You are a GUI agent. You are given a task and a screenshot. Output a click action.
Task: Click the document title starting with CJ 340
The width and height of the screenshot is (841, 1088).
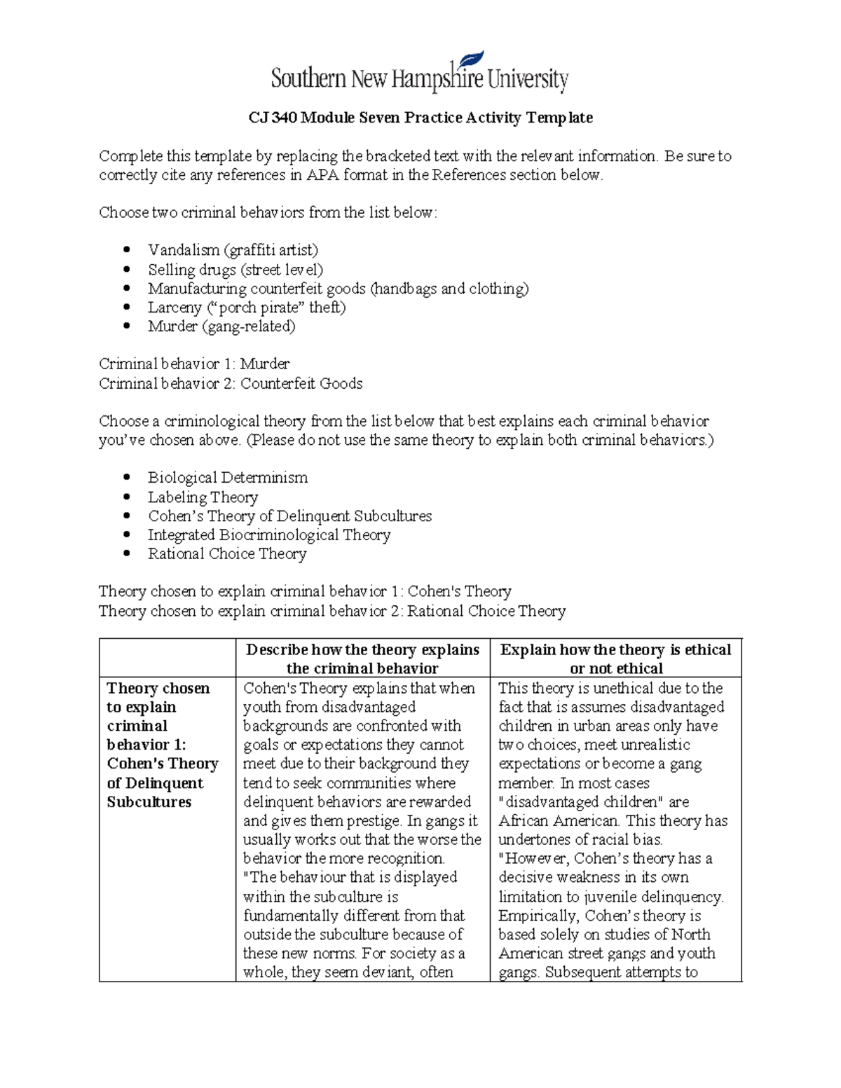click(x=420, y=118)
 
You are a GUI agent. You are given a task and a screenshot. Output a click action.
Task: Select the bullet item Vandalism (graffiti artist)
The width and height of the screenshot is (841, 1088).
click(x=233, y=250)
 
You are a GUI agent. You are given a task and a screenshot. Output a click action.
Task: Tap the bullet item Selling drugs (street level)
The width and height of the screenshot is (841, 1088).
click(x=235, y=270)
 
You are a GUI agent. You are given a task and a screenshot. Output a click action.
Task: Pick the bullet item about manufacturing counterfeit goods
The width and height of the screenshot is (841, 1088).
click(x=338, y=289)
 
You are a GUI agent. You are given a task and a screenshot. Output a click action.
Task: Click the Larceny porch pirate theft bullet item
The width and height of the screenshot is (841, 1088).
click(x=247, y=308)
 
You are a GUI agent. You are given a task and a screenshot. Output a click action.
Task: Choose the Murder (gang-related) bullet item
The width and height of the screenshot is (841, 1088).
click(x=221, y=326)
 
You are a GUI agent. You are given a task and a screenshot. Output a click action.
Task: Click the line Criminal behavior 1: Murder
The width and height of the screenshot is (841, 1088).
click(x=194, y=364)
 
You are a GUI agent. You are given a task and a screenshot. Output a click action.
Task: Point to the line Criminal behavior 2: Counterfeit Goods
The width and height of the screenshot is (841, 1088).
click(x=231, y=384)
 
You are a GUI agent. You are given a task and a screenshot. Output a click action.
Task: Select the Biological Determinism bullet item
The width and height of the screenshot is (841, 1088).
click(x=228, y=478)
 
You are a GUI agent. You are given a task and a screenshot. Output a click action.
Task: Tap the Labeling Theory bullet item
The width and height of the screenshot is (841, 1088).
click(x=203, y=497)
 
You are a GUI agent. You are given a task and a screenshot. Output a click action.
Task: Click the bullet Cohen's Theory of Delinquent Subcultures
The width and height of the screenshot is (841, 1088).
click(x=289, y=516)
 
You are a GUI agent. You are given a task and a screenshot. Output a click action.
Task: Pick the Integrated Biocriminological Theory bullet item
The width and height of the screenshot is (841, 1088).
click(x=269, y=535)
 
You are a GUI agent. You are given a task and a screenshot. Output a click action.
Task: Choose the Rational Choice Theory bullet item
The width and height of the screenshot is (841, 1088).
click(x=227, y=554)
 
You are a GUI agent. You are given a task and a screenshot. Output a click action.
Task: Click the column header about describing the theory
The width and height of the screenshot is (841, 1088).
click(x=362, y=659)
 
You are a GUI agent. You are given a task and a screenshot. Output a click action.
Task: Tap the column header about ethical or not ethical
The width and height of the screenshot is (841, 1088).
click(x=615, y=659)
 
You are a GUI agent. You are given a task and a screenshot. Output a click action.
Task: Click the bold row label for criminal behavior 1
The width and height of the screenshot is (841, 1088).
click(x=162, y=745)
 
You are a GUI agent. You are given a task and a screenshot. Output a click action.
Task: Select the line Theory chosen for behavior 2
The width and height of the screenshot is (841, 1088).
click(x=332, y=612)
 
